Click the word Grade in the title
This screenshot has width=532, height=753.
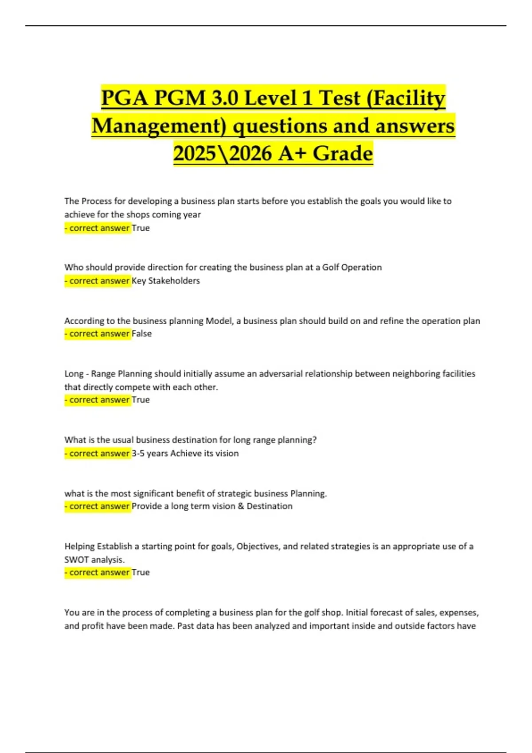pos(343,154)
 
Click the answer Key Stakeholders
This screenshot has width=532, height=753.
pos(166,281)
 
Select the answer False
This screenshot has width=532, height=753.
pos(142,334)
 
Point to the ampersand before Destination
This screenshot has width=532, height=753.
pos(241,506)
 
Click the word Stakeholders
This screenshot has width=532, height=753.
pos(174,281)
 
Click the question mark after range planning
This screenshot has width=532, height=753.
pos(314,440)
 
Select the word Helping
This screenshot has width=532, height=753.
pos(79,546)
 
